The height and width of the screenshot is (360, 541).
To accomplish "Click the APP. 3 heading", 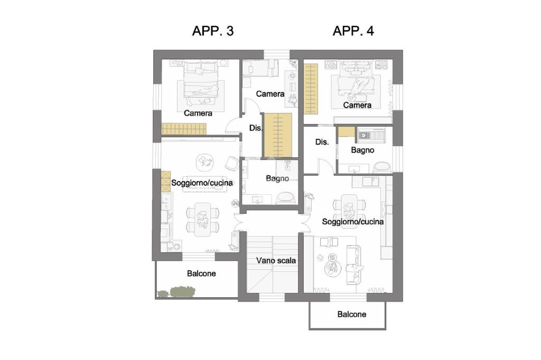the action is point(213,31).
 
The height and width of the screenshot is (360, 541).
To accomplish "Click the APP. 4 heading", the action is point(353,31).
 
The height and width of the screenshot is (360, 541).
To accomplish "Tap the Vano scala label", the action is point(276,261).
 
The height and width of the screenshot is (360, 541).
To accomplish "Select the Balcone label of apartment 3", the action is point(201,273).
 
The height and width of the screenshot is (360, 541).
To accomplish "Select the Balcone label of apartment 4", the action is point(351,314).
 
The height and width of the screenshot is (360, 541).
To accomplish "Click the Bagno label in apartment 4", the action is point(362,150).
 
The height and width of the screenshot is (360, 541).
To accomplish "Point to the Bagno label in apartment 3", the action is point(277,178).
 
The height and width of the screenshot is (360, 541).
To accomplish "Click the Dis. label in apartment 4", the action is point(322,141).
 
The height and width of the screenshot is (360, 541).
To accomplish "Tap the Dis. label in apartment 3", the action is point(256,128).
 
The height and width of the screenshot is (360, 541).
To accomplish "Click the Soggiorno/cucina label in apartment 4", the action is point(352,221).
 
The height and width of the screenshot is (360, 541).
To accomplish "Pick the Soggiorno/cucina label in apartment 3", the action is point(202,183).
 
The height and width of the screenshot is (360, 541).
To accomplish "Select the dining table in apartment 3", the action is point(202,219).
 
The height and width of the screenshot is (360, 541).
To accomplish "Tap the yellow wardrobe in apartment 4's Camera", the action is point(311,89).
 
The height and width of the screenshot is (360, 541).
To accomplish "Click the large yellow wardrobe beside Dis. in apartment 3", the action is point(278,135).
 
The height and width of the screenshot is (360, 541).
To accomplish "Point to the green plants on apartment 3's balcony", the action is point(178,292).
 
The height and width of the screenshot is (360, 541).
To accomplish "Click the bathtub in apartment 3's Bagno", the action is point(286,198).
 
